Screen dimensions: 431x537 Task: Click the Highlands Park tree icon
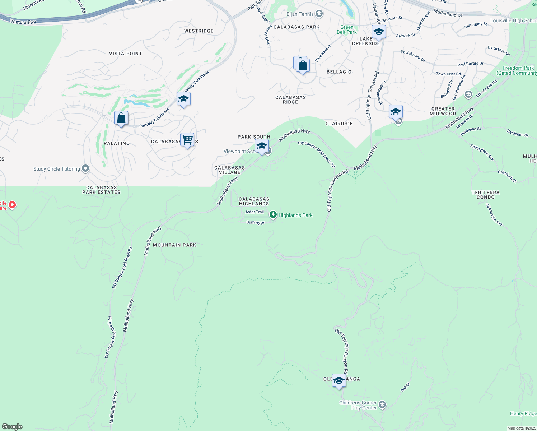click(273, 215)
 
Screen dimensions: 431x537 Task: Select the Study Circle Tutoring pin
click(85, 168)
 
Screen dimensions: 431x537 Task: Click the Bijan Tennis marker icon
click(319, 14)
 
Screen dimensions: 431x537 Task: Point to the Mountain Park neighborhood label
click(174, 245)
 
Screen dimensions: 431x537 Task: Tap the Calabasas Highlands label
click(254, 201)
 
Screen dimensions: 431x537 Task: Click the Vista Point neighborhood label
click(126, 54)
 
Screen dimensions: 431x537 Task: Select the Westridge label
click(199, 31)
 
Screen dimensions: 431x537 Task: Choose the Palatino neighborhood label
click(117, 143)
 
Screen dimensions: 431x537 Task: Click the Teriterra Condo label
click(486, 195)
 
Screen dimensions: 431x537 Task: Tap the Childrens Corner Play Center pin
click(382, 405)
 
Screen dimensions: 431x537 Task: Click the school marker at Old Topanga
click(339, 380)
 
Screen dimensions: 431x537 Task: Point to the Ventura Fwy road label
click(23, 22)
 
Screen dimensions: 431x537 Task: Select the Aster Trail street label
click(255, 212)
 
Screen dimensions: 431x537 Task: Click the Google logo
click(12, 427)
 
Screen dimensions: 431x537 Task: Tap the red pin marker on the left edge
click(12, 205)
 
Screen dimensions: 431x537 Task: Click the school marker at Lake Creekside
click(379, 32)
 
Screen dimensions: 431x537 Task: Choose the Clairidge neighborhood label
click(339, 124)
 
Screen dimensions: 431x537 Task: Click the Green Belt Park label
click(347, 29)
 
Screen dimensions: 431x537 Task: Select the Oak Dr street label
click(405, 387)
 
